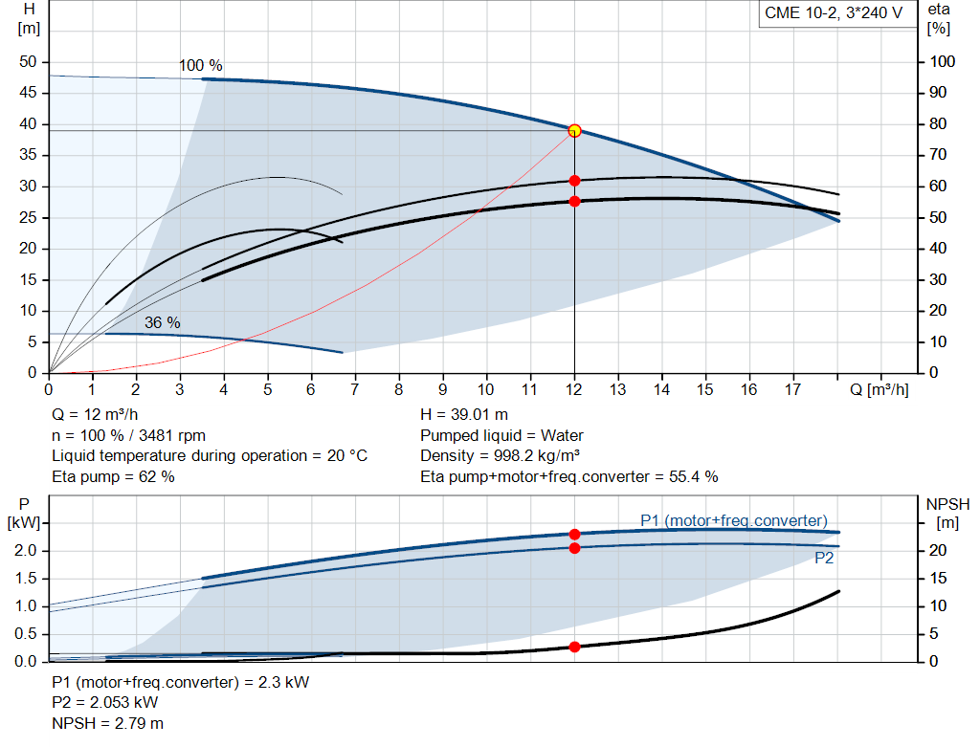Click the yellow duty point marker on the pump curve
tap(574, 130)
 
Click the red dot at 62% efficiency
tap(574, 180)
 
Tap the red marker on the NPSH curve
tap(574, 647)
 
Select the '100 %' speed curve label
tap(200, 66)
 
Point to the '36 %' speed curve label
tap(162, 322)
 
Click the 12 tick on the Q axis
tap(574, 389)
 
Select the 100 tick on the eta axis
tap(944, 62)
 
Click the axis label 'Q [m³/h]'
tap(880, 389)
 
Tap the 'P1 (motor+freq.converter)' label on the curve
tap(733, 520)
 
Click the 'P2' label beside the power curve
tap(823, 558)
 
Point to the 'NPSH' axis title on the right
tap(947, 503)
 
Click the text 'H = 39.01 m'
tap(464, 415)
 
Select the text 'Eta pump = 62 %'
tap(113, 475)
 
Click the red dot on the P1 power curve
tap(574, 535)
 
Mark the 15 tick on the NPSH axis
tap(943, 578)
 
